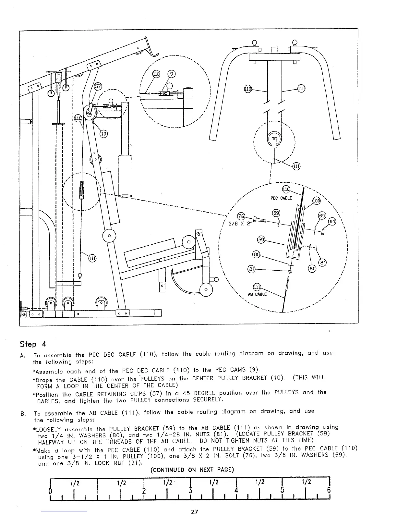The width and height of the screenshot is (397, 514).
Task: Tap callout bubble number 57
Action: tap(98, 87)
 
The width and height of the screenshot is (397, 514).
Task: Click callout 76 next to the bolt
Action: tap(241, 216)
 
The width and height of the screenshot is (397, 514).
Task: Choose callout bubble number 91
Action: tap(332, 222)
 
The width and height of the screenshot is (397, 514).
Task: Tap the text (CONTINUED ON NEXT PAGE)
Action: tap(192, 470)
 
